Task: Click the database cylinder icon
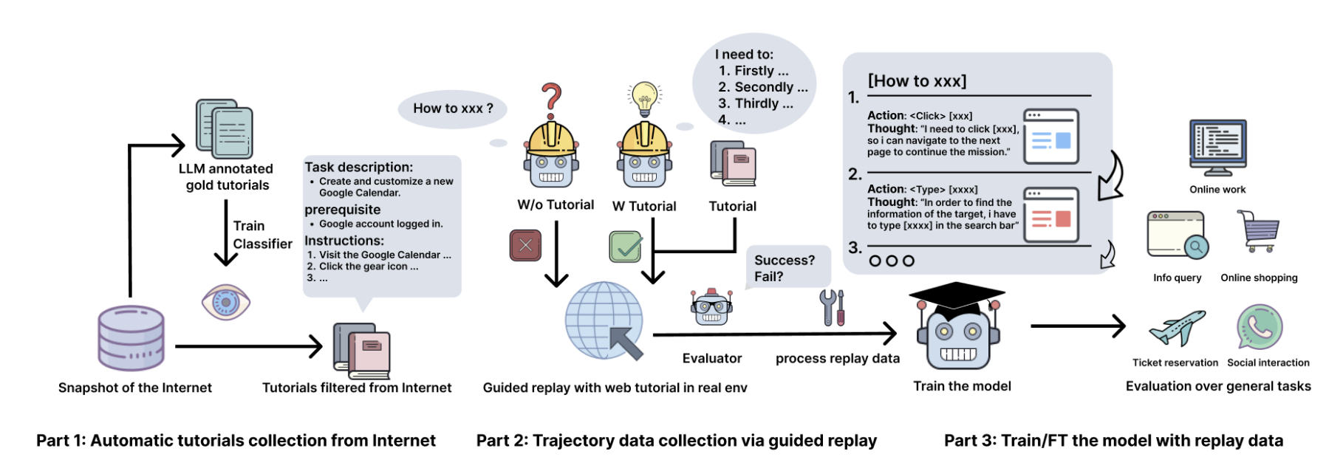[131, 337]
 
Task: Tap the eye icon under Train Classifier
[226, 302]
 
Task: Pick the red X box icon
[525, 245]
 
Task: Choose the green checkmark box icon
[626, 247]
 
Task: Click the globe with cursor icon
[604, 321]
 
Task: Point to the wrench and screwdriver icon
[833, 307]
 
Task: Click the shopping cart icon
[1257, 231]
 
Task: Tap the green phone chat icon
[1260, 327]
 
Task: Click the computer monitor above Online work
[1218, 148]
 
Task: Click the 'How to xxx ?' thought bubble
[453, 109]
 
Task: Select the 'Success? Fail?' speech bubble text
[785, 269]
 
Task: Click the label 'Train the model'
[962, 386]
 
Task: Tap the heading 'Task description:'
[359, 168]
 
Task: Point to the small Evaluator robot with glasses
[711, 307]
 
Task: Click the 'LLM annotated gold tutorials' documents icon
[225, 129]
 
